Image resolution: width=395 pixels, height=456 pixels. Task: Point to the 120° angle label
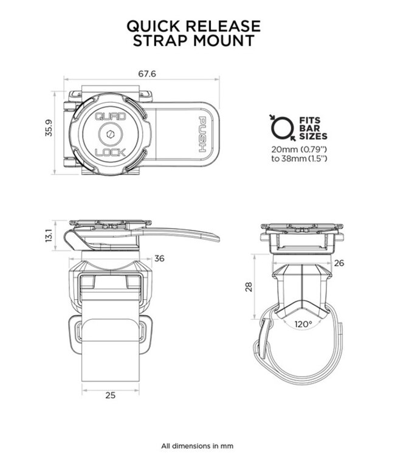[302, 323]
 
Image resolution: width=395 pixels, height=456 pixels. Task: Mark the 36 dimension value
[159, 258]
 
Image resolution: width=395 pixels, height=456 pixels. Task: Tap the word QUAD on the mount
[109, 116]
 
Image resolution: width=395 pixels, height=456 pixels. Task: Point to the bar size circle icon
[280, 126]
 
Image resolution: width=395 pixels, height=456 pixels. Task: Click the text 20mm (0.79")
[300, 148]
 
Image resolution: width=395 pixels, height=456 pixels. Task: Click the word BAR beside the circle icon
[307, 128]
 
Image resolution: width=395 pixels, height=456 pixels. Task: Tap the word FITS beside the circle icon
[309, 120]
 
